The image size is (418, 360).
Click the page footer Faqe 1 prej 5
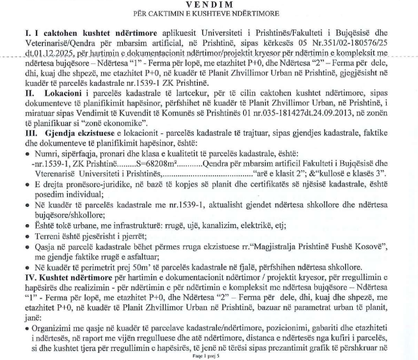coord(209,355)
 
